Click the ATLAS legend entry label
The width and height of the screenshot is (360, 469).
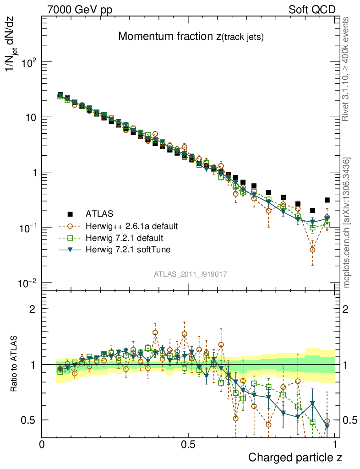pyautogui.click(x=99, y=213)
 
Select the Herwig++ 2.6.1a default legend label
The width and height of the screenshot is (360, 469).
pyautogui.click(x=131, y=226)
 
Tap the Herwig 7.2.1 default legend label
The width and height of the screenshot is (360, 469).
pyautogui.click(x=124, y=238)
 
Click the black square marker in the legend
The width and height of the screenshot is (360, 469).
pyautogui.click(x=70, y=213)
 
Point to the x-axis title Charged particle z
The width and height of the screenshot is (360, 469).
pyautogui.click(x=295, y=457)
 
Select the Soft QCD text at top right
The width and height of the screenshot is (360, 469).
pyautogui.click(x=312, y=10)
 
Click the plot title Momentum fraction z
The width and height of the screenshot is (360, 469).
pyautogui.click(x=191, y=37)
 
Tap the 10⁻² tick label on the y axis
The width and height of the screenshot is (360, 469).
pyautogui.click(x=28, y=283)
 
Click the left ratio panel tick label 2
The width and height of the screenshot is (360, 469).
pyautogui.click(x=33, y=309)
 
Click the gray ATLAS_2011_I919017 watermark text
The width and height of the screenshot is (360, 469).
pyautogui.click(x=191, y=274)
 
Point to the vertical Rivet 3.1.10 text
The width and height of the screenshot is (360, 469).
pyautogui.click(x=346, y=69)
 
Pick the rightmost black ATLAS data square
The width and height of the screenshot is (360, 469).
pyautogui.click(x=327, y=200)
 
